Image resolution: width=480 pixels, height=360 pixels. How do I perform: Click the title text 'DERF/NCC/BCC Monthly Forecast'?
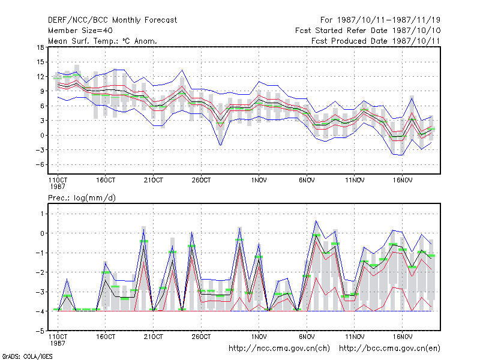click(x=112, y=20)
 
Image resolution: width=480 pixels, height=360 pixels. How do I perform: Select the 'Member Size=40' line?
click(x=80, y=31)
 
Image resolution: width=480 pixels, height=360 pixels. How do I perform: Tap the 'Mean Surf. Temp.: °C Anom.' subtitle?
click(x=103, y=41)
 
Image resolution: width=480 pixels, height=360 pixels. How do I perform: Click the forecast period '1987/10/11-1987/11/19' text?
click(x=389, y=20)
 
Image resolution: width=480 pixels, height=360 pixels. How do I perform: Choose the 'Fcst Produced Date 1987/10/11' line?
click(x=376, y=41)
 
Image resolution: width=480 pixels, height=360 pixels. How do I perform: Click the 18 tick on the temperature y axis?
click(x=40, y=47)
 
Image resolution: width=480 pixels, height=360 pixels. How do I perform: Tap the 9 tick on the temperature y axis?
click(x=42, y=91)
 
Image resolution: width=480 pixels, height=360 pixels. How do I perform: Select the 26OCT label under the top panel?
click(x=201, y=181)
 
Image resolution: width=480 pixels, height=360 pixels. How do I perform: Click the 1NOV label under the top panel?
click(x=259, y=181)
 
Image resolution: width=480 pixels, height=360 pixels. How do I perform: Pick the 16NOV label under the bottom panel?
click(x=403, y=337)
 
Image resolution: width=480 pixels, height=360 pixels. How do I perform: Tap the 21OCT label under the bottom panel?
click(x=154, y=337)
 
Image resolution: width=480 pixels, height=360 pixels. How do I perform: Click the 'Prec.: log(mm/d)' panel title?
click(x=82, y=198)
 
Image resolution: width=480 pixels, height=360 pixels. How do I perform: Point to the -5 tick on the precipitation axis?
click(x=40, y=331)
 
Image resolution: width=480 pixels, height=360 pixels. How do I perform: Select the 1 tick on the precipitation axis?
click(x=42, y=214)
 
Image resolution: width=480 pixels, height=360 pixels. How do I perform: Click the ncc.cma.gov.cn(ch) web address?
click(x=279, y=349)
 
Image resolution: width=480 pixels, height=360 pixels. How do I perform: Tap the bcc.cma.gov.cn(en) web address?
click(x=389, y=349)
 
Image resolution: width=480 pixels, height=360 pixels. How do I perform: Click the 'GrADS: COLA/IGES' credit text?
click(x=28, y=356)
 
